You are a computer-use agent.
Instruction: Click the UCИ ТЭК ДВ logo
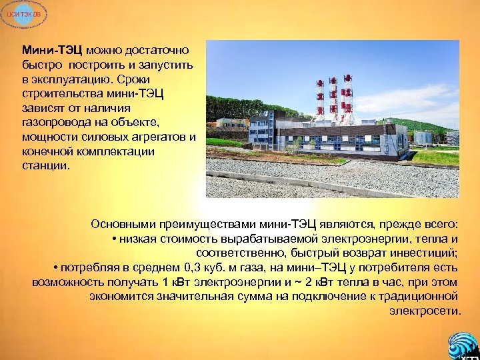coord(22,15)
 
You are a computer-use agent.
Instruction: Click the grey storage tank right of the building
coord(421,136)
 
